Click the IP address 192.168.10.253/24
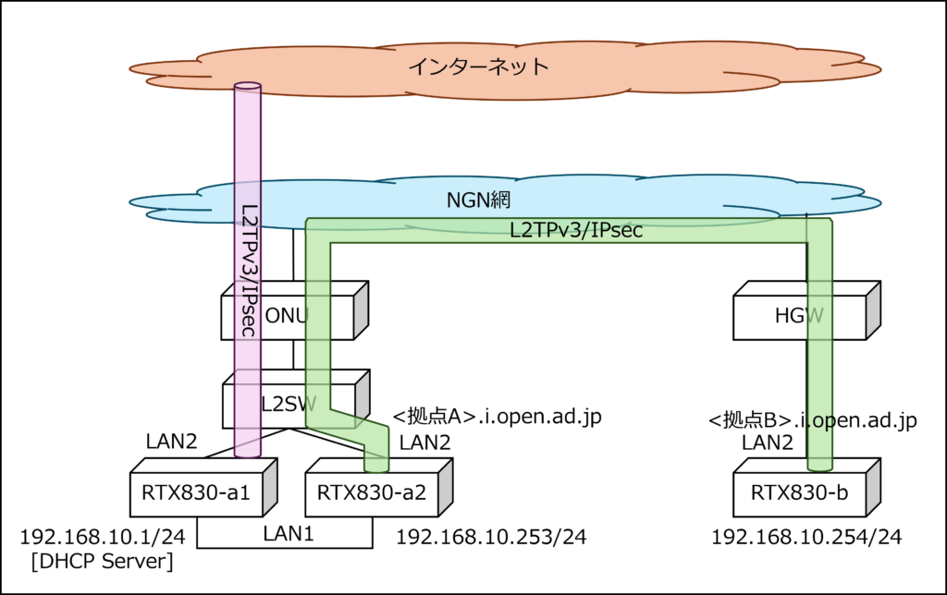(491, 537)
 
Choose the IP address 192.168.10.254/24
(806, 537)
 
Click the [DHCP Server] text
(102, 561)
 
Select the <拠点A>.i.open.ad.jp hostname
(498, 417)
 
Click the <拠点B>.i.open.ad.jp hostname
(812, 420)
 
